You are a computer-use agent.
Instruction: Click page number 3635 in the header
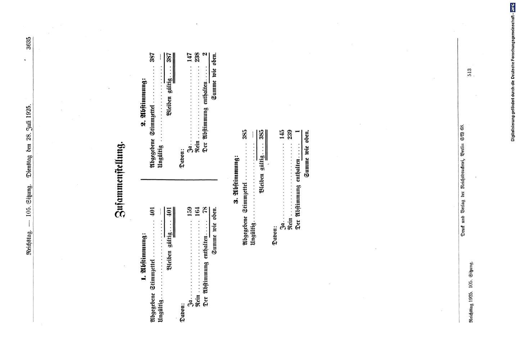[29, 43]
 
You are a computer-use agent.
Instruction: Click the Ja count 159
[190, 212]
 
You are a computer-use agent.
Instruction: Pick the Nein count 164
[198, 212]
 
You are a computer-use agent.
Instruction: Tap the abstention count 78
[205, 210]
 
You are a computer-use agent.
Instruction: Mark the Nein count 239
[290, 135]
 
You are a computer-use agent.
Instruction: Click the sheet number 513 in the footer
[470, 72]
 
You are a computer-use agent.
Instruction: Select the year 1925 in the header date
[29, 113]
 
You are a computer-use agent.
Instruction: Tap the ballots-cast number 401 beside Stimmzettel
[153, 212]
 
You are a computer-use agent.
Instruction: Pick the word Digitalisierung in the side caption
[513, 129]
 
